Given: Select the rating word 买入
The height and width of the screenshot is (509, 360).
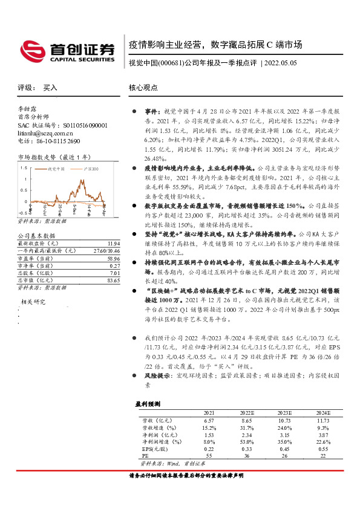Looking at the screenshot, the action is (x=50, y=88).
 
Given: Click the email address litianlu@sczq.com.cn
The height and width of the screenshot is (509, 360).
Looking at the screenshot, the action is (x=45, y=133).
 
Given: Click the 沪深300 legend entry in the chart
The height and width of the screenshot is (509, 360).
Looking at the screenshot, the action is (x=90, y=170).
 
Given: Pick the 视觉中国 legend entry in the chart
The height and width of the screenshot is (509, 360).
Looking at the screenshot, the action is (x=57, y=170).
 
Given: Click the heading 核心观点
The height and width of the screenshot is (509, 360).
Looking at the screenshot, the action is (x=143, y=88).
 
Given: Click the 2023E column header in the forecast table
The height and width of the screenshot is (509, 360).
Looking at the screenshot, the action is (x=284, y=412).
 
